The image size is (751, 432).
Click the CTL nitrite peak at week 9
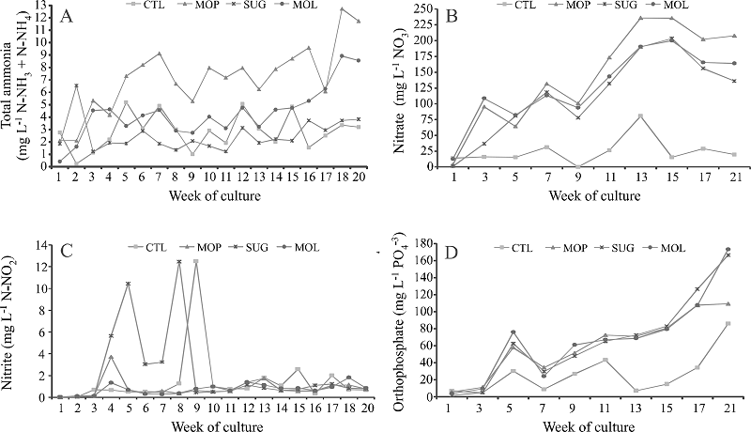point(195,261)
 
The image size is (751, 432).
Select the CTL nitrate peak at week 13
point(613,116)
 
